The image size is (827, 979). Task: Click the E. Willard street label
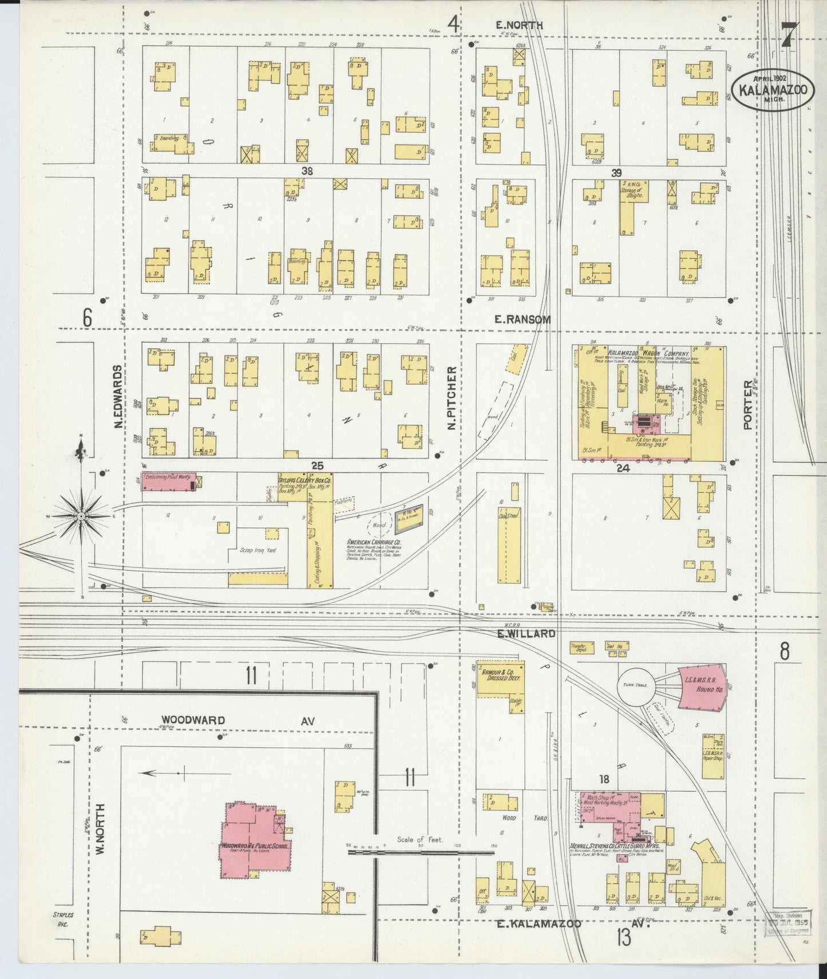click(526, 634)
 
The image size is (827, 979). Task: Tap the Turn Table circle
click(635, 686)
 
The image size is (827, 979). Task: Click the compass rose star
click(82, 516)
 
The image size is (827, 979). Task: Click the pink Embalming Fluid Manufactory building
click(169, 481)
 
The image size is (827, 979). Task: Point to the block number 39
click(616, 173)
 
